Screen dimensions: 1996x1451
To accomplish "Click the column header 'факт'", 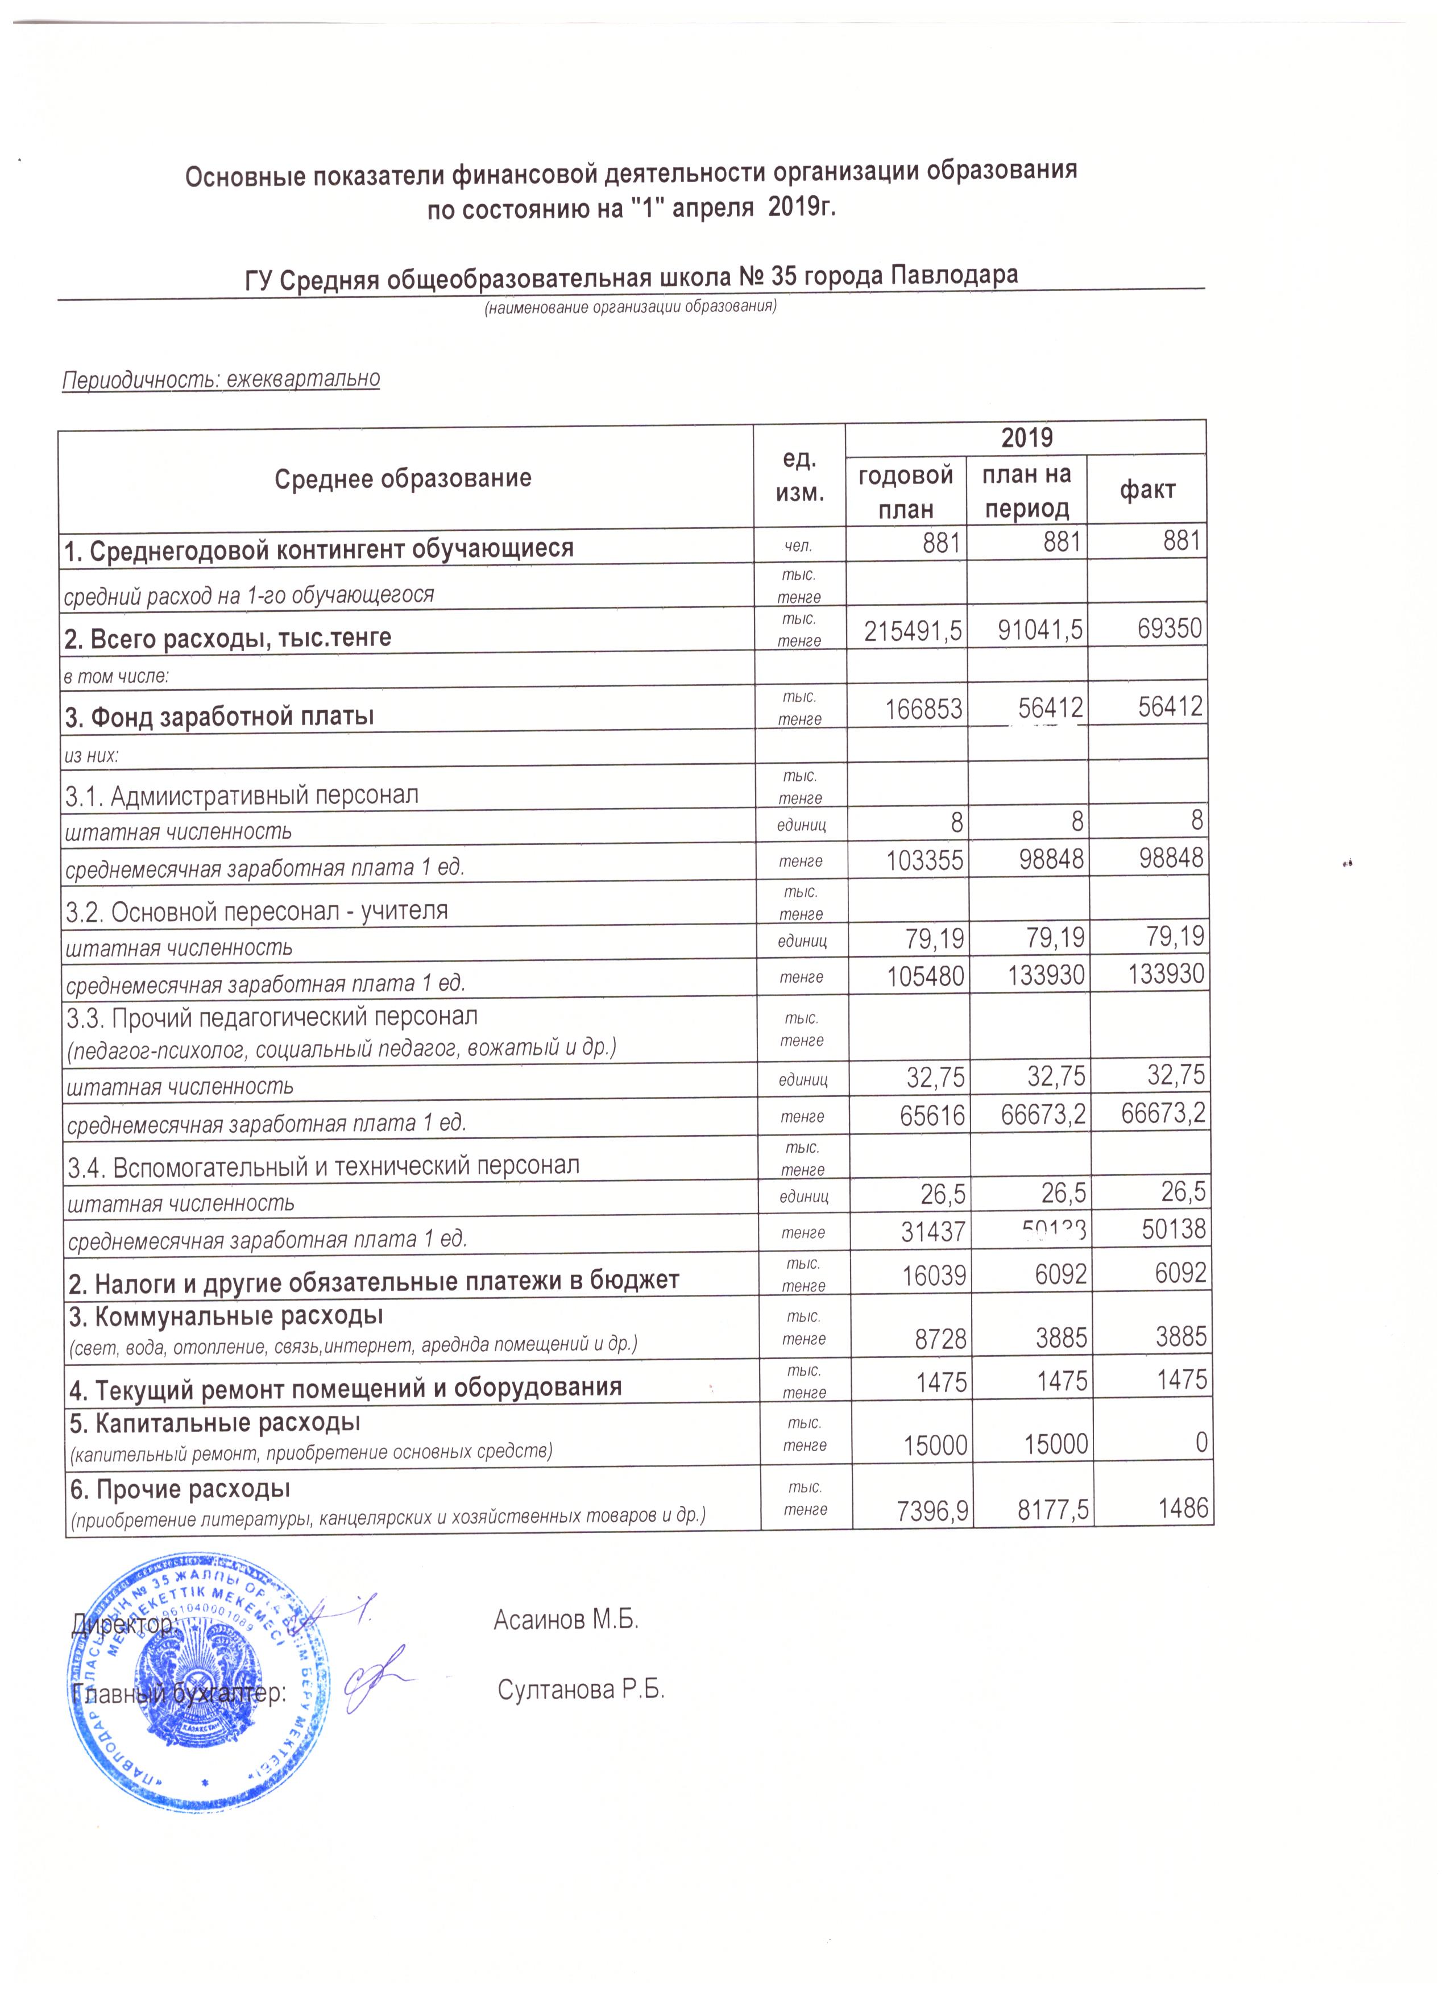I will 1147,490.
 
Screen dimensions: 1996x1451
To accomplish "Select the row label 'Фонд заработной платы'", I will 220,717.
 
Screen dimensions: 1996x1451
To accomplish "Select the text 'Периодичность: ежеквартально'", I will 221,379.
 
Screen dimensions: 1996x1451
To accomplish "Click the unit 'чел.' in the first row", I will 799,546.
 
